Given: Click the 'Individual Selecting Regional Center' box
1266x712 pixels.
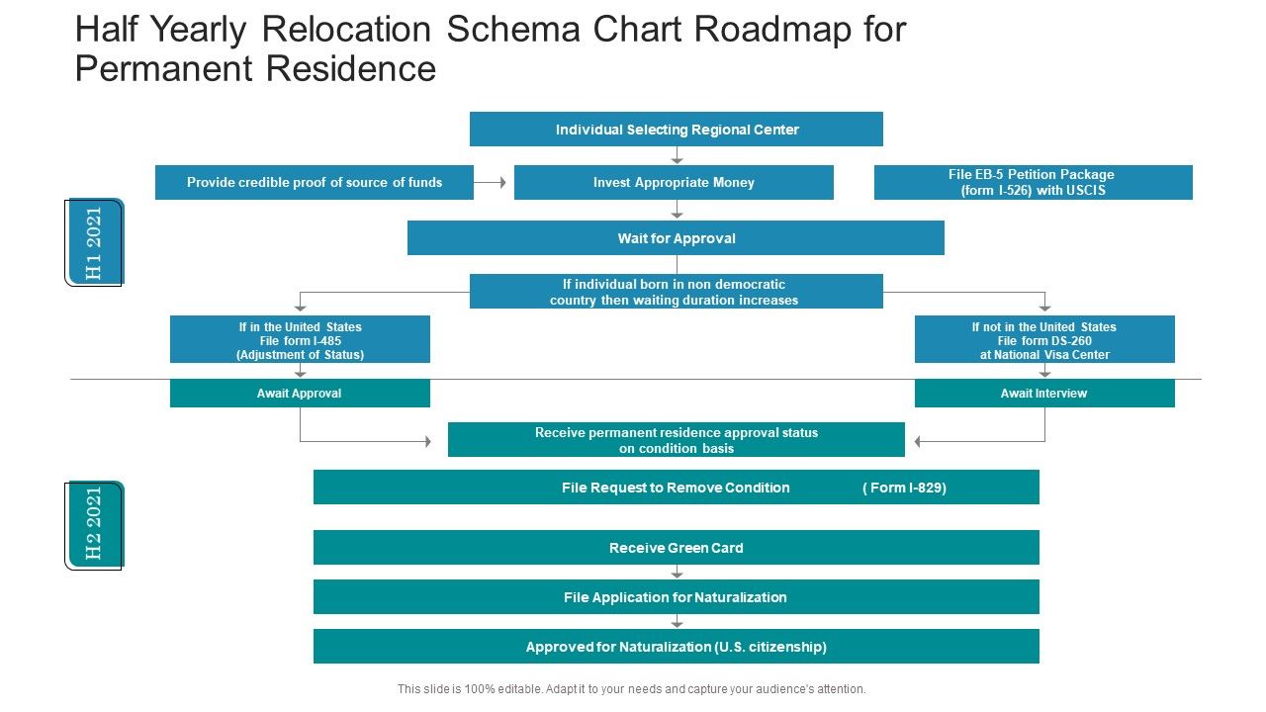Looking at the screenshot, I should pyautogui.click(x=676, y=130).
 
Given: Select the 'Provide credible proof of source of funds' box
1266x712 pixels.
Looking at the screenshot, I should pyautogui.click(x=315, y=183).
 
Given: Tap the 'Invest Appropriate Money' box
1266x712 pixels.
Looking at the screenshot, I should pyautogui.click(x=674, y=183).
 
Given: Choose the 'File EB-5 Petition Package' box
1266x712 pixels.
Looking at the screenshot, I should pyautogui.click(x=1033, y=183).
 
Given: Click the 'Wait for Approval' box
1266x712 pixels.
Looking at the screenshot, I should pyautogui.click(x=676, y=238).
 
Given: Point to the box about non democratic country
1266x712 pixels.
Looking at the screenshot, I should pyautogui.click(x=676, y=292).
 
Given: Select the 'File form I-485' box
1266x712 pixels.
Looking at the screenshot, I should pyautogui.click(x=300, y=340).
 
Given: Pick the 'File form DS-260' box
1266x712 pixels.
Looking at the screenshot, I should pyautogui.click(x=1044, y=340).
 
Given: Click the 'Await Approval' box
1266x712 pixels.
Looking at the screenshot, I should pyautogui.click(x=300, y=394).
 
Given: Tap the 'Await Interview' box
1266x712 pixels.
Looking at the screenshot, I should pyautogui.click(x=1044, y=394).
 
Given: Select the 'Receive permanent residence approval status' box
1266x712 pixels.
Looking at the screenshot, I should pyautogui.click(x=676, y=440).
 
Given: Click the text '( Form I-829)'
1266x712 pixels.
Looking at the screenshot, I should pyautogui.click(x=904, y=488).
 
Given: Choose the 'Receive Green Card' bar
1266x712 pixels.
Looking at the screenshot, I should pyautogui.click(x=676, y=548).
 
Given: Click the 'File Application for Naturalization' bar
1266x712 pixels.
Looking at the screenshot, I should pyautogui.click(x=676, y=597).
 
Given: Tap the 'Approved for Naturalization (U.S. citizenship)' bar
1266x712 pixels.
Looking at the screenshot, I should pyautogui.click(x=676, y=647).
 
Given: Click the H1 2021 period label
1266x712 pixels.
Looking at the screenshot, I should pyautogui.click(x=94, y=242).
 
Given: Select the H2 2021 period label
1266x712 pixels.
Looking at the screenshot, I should pyautogui.click(x=94, y=525).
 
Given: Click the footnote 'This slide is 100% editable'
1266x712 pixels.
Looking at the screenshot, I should pyautogui.click(x=631, y=689).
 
